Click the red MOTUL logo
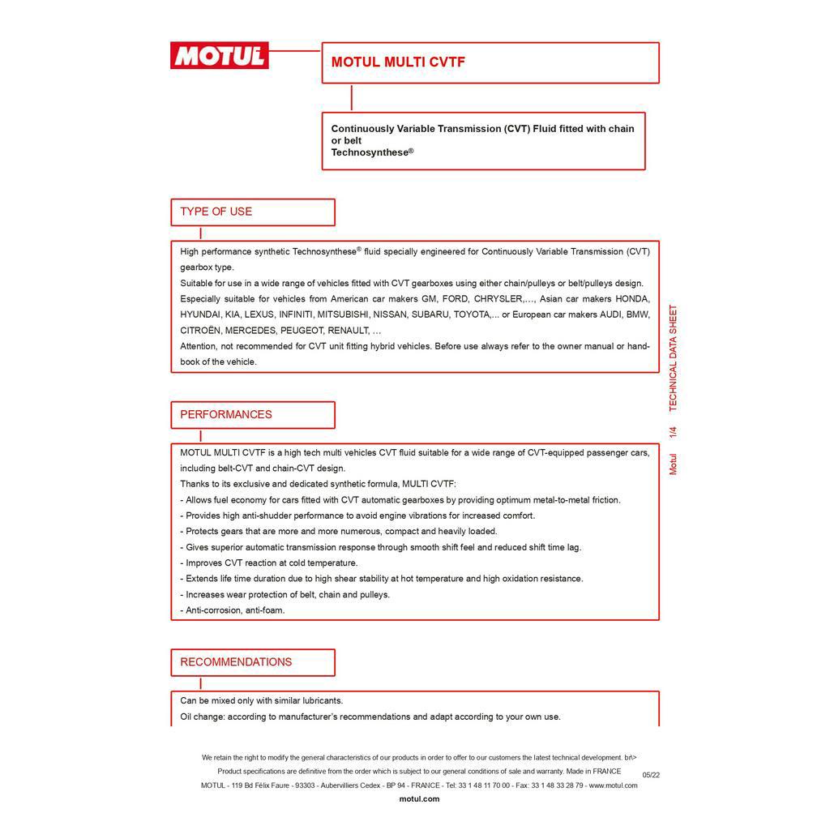[219, 56]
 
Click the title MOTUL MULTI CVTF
[398, 62]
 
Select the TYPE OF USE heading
[216, 212]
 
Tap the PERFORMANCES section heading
[226, 414]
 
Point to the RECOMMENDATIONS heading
[236, 662]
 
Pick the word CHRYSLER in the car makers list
[498, 299]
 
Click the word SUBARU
[429, 314]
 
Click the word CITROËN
[199, 331]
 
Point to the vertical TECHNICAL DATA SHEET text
[673, 357]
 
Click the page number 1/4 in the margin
[673, 432]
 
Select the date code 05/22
[651, 775]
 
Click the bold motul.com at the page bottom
[419, 799]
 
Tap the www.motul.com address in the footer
[613, 785]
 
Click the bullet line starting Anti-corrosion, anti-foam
[233, 610]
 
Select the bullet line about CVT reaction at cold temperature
[269, 563]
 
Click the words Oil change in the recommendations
[202, 717]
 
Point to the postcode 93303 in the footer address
[305, 785]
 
